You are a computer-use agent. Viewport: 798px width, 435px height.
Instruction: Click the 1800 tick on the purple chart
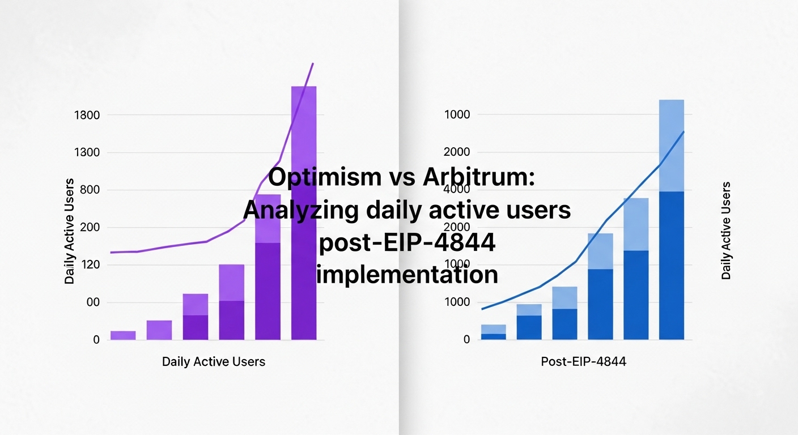pyautogui.click(x=87, y=116)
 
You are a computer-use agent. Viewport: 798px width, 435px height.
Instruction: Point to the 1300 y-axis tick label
pyautogui.click(x=87, y=153)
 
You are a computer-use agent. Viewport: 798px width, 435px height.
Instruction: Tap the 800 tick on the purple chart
pyautogui.click(x=90, y=190)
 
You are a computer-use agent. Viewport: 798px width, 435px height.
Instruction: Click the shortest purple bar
pyautogui.click(x=123, y=335)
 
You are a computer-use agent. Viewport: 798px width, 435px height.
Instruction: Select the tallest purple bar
pyautogui.click(x=304, y=215)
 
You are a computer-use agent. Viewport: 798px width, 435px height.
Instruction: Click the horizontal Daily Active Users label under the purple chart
pyautogui.click(x=214, y=361)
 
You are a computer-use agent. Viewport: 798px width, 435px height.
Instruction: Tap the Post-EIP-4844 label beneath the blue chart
pyautogui.click(x=584, y=361)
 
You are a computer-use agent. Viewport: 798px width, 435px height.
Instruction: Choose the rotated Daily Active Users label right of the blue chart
pyautogui.click(x=726, y=231)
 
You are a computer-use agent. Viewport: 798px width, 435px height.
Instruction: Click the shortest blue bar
pyautogui.click(x=493, y=332)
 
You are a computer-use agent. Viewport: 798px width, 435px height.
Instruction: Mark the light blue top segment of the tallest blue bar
pyautogui.click(x=672, y=145)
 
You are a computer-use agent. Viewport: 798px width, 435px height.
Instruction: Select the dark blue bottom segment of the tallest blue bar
pyautogui.click(x=672, y=266)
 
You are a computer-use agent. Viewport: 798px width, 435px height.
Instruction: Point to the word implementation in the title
pyautogui.click(x=407, y=275)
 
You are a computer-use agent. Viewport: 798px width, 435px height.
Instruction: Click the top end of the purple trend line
pyautogui.click(x=313, y=64)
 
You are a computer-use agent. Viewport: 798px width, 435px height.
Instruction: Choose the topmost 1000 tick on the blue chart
pyautogui.click(x=458, y=115)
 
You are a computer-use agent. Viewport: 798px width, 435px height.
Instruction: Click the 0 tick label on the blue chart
pyautogui.click(x=466, y=340)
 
